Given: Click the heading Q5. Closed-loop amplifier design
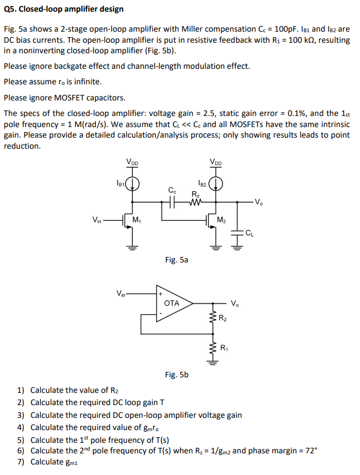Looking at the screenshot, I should point(64,9).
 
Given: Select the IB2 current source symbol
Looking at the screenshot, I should point(217,184).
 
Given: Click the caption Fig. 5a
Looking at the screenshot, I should point(176,259).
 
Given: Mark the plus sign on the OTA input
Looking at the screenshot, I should point(161,294).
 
